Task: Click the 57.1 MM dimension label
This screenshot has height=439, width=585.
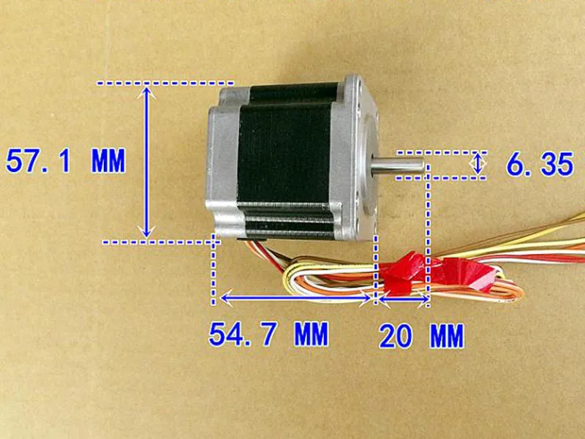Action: [66, 161]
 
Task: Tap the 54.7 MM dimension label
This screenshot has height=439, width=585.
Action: [268, 334]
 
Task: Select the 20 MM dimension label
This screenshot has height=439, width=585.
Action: [422, 336]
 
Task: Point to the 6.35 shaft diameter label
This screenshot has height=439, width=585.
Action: [540, 164]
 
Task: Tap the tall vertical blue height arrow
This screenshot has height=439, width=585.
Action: [147, 162]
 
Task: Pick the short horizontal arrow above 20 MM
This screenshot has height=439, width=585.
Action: [404, 299]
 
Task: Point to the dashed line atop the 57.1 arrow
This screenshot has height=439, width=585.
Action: [165, 83]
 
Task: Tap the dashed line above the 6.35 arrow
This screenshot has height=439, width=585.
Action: [442, 152]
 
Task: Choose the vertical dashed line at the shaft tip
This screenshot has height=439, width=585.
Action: [428, 235]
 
